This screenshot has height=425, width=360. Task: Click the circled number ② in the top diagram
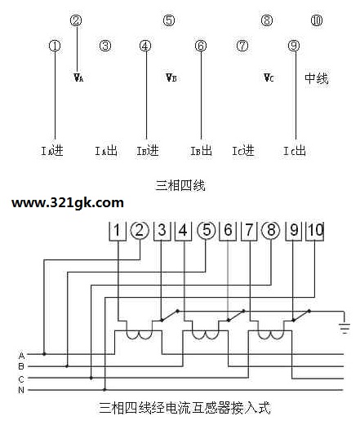tap(76, 20)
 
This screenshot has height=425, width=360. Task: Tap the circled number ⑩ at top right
tap(317, 20)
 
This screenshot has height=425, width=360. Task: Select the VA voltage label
tap(78, 77)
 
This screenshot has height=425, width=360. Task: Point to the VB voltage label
tap(171, 77)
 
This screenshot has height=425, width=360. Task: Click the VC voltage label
tap(269, 77)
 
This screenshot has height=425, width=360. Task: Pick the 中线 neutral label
tap(317, 78)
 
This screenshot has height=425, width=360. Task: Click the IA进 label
tap(52, 150)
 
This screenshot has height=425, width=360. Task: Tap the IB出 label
tap(201, 150)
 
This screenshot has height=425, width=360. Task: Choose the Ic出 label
tap(295, 150)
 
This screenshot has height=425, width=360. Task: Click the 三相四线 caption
tap(180, 186)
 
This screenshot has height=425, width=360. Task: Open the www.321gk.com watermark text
tap(68, 203)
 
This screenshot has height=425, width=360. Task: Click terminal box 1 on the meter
tap(118, 232)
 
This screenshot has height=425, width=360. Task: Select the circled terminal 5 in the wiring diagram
tap(207, 231)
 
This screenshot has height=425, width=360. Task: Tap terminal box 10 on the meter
tap(315, 232)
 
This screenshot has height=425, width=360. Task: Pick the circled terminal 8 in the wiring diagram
tap(271, 231)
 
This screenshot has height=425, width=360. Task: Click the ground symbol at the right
tap(344, 327)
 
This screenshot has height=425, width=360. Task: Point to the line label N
tap(21, 390)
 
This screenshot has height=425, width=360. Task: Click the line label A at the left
tap(21, 356)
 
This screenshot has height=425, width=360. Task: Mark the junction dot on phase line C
tap(91, 378)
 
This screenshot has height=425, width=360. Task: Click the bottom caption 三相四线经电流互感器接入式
tap(184, 408)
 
